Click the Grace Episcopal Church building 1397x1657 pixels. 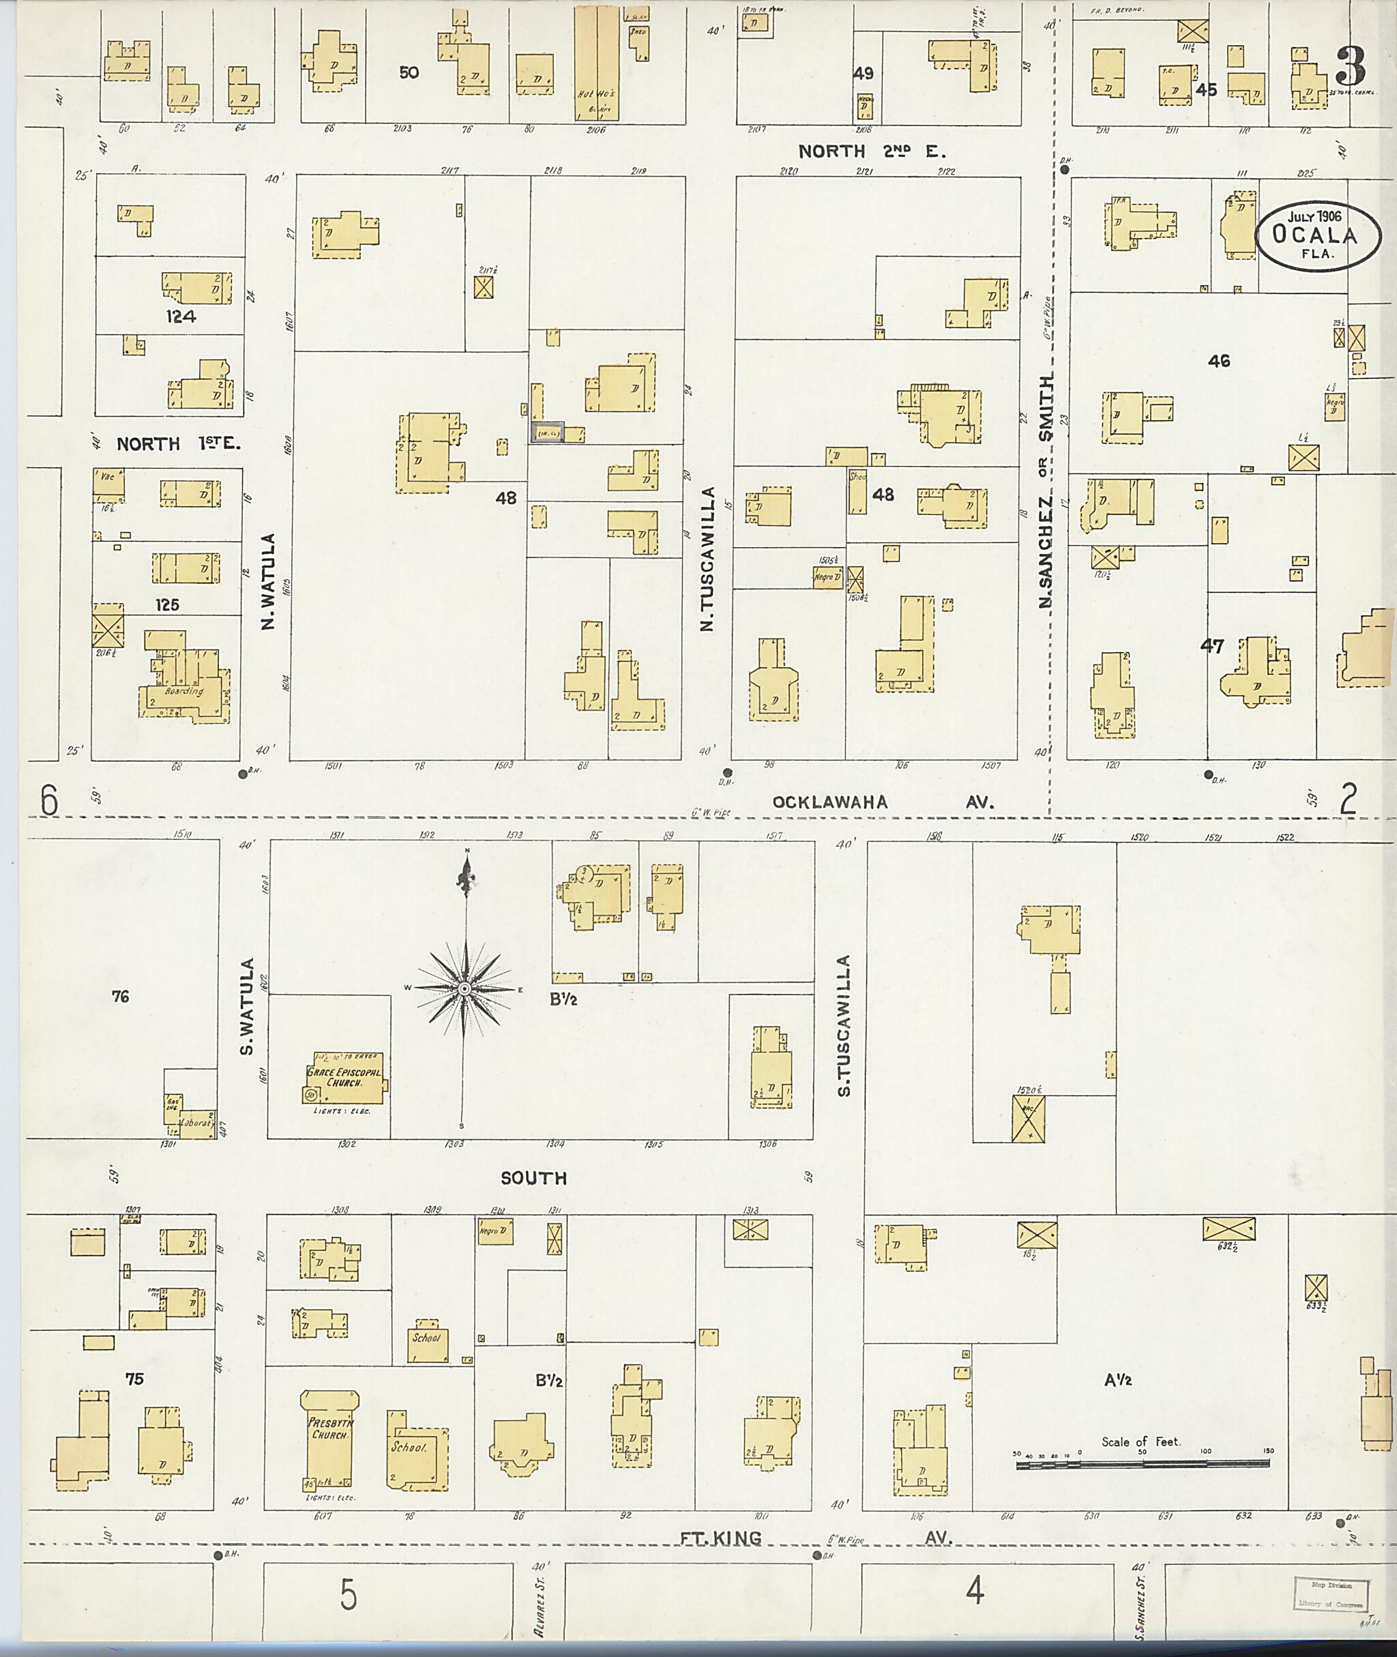344,1078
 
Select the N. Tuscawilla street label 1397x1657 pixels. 708,559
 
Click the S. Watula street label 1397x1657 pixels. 247,1007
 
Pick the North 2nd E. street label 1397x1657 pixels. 871,151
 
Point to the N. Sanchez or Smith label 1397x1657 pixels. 1046,491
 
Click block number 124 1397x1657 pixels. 181,317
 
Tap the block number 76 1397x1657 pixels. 120,997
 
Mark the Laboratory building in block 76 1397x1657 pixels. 196,1121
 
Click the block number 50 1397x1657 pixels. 409,73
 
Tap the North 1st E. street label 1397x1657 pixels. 178,444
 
